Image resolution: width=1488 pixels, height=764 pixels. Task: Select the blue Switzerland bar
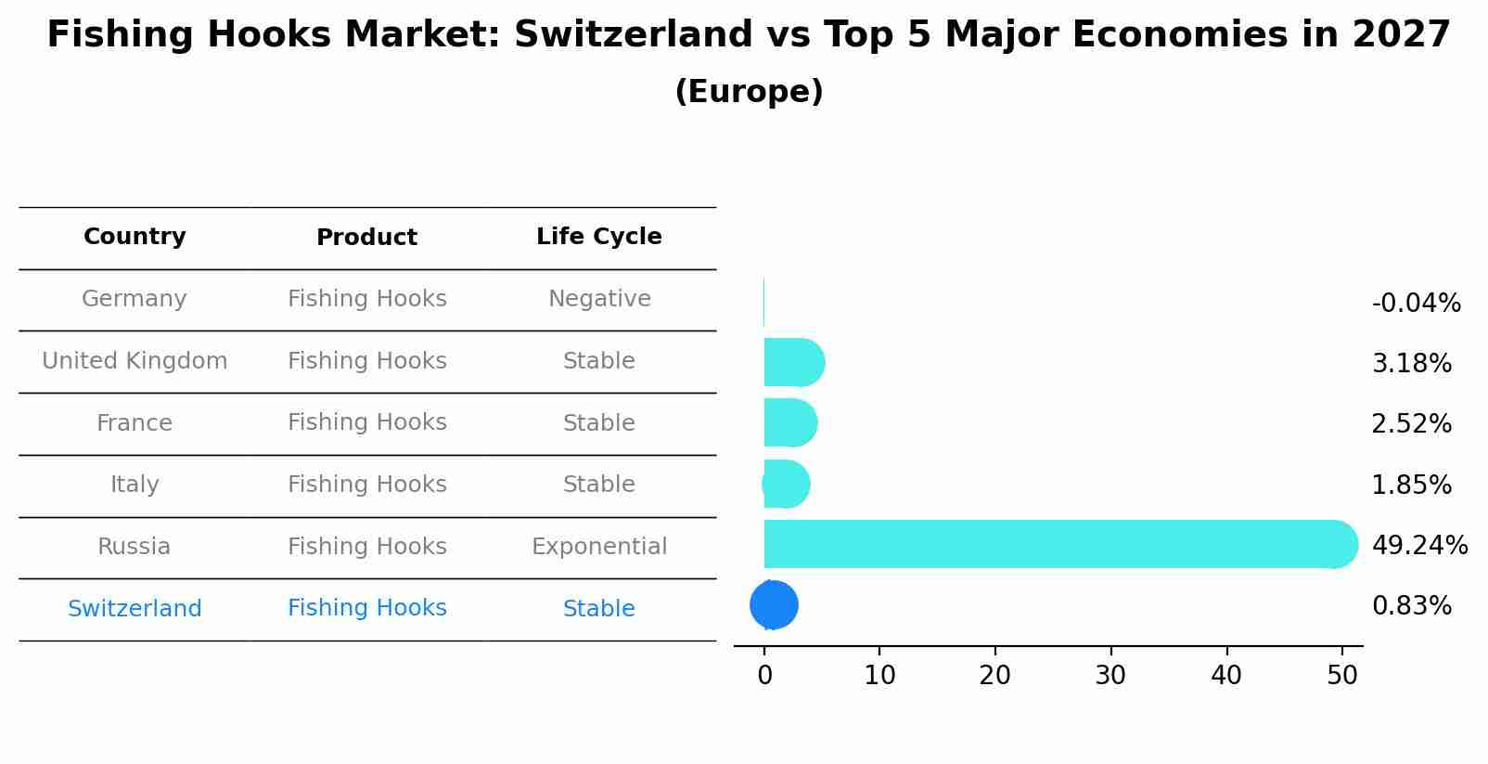pyautogui.click(x=774, y=605)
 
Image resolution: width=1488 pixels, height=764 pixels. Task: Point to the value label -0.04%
pyautogui.click(x=1416, y=304)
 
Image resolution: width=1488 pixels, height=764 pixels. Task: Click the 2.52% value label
pyautogui.click(x=1411, y=424)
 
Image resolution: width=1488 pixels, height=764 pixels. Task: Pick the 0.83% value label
pyautogui.click(x=1411, y=606)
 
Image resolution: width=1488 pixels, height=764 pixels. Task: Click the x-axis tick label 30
pyautogui.click(x=1110, y=676)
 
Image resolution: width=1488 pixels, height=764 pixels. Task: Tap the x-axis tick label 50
pyautogui.click(x=1341, y=676)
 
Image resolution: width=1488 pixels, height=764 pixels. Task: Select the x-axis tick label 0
pyautogui.click(x=764, y=676)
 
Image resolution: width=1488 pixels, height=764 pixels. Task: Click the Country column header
pyautogui.click(x=135, y=237)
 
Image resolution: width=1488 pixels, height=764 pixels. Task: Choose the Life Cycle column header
pyautogui.click(x=598, y=237)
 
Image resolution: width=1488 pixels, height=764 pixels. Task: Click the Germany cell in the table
pyautogui.click(x=135, y=299)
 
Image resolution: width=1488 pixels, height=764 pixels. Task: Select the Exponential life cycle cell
pyautogui.click(x=598, y=547)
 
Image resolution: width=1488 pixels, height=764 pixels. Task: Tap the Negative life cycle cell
pyautogui.click(x=598, y=299)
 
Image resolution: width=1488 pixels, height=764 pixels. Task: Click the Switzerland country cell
pyautogui.click(x=135, y=609)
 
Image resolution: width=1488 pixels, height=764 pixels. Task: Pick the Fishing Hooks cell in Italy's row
pyautogui.click(x=366, y=485)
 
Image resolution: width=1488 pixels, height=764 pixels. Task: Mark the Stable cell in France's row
pyautogui.click(x=598, y=423)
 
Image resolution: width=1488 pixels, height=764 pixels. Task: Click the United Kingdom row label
pyautogui.click(x=135, y=361)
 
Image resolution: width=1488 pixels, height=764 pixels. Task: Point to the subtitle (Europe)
pyautogui.click(x=749, y=92)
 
